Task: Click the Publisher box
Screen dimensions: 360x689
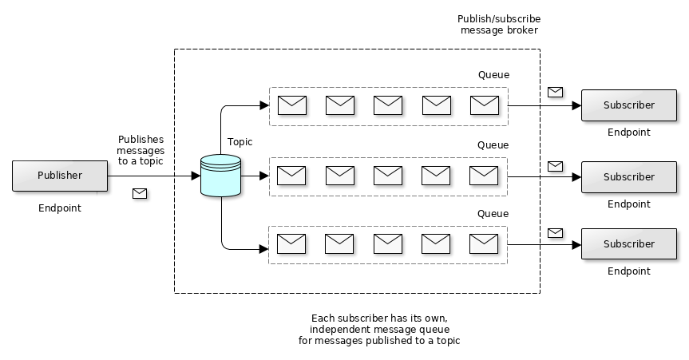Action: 60,176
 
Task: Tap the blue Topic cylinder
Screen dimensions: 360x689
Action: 221,176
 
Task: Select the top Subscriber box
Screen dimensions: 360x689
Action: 628,105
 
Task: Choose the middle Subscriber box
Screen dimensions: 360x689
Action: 628,176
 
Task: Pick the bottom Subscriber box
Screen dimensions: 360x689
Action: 628,243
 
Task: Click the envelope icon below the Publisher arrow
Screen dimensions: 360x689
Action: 140,193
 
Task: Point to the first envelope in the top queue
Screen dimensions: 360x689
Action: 292,105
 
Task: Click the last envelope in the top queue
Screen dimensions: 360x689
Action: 485,105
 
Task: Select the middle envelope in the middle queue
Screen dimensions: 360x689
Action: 388,175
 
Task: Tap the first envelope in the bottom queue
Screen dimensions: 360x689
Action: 292,243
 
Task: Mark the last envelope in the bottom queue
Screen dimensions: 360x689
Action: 484,243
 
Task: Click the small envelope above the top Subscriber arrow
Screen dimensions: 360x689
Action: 555,92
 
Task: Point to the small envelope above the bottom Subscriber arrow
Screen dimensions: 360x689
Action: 555,232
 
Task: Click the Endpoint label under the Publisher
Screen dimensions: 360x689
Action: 60,208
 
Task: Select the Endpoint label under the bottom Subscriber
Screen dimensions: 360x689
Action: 628,271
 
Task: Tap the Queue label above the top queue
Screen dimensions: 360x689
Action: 493,75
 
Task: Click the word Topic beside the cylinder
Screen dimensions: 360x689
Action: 240,142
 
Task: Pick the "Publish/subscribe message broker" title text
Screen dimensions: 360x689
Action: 499,25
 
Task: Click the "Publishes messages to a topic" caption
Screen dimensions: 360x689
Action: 141,150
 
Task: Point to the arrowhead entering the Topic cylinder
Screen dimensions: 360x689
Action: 196,176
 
